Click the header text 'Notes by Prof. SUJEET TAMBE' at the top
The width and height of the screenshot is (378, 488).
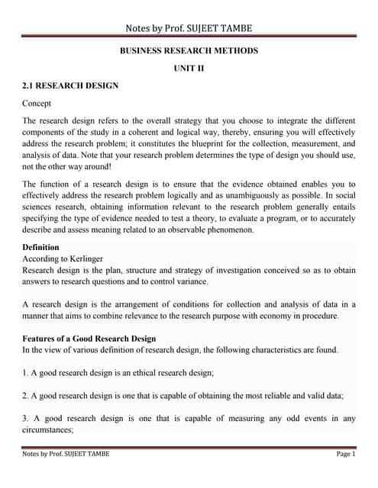(189, 29)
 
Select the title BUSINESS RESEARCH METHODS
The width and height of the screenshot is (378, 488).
(189, 51)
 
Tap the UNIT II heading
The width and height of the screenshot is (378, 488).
(189, 69)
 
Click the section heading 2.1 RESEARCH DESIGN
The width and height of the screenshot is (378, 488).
(70, 86)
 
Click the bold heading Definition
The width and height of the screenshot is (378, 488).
(46, 248)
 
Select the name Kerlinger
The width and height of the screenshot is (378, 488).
(91, 259)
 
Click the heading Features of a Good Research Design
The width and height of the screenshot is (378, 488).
(89, 339)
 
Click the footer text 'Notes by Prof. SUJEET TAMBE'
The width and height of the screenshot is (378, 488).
(66, 454)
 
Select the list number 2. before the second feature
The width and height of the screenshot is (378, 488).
(26, 396)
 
